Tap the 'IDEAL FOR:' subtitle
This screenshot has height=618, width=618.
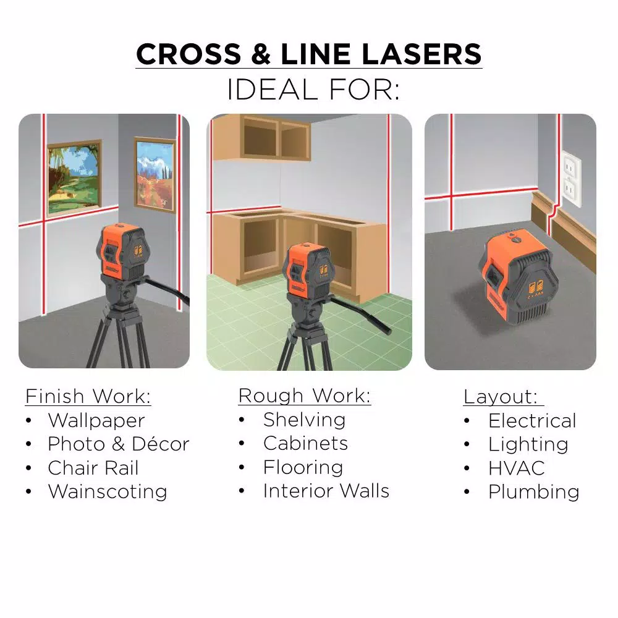(313, 90)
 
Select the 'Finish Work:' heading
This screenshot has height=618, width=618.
(88, 396)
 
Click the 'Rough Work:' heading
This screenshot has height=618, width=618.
(304, 396)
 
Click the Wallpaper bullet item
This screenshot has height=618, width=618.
(96, 421)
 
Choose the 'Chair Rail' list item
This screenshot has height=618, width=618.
(93, 468)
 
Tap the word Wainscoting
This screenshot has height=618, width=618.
(108, 492)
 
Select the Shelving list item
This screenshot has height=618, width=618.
(304, 420)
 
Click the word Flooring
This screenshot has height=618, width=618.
(303, 467)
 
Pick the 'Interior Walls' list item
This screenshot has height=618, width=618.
(326, 491)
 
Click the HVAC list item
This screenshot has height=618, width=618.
(516, 468)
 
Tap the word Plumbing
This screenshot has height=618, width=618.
(534, 493)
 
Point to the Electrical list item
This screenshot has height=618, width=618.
(532, 421)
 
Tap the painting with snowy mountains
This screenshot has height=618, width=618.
(155, 174)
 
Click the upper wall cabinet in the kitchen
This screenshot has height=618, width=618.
(261, 138)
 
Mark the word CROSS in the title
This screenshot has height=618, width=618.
(188, 54)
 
